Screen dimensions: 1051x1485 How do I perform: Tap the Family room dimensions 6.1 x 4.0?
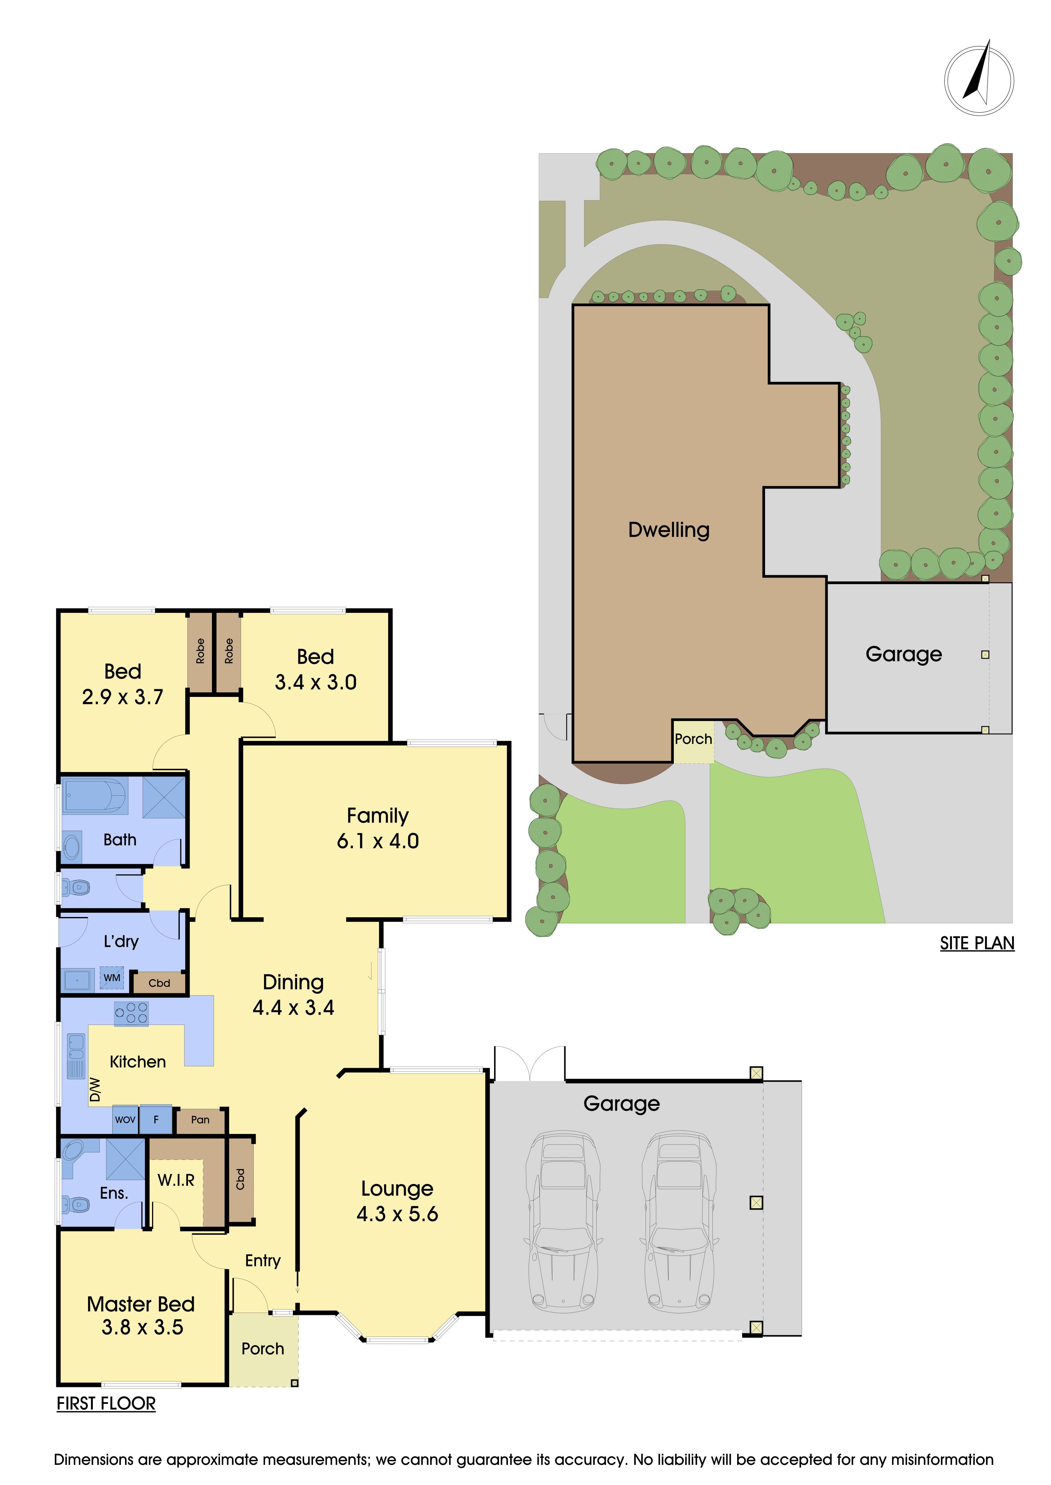[378, 841]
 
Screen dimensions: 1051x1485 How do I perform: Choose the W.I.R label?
[176, 1180]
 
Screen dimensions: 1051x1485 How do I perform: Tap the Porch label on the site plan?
[693, 739]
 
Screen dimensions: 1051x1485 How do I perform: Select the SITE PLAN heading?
[977, 944]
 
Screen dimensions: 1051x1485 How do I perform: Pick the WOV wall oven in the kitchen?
[125, 1120]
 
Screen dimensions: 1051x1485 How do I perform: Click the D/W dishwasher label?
[95, 1089]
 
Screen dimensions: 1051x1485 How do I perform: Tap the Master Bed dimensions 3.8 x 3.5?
[142, 1327]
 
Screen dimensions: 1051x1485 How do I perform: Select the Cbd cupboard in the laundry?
[159, 983]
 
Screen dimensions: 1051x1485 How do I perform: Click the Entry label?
[263, 1261]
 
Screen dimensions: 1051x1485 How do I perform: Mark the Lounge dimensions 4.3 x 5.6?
[397, 1214]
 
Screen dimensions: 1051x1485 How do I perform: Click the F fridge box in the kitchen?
[156, 1120]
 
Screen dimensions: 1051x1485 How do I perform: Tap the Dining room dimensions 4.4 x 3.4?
[293, 1008]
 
